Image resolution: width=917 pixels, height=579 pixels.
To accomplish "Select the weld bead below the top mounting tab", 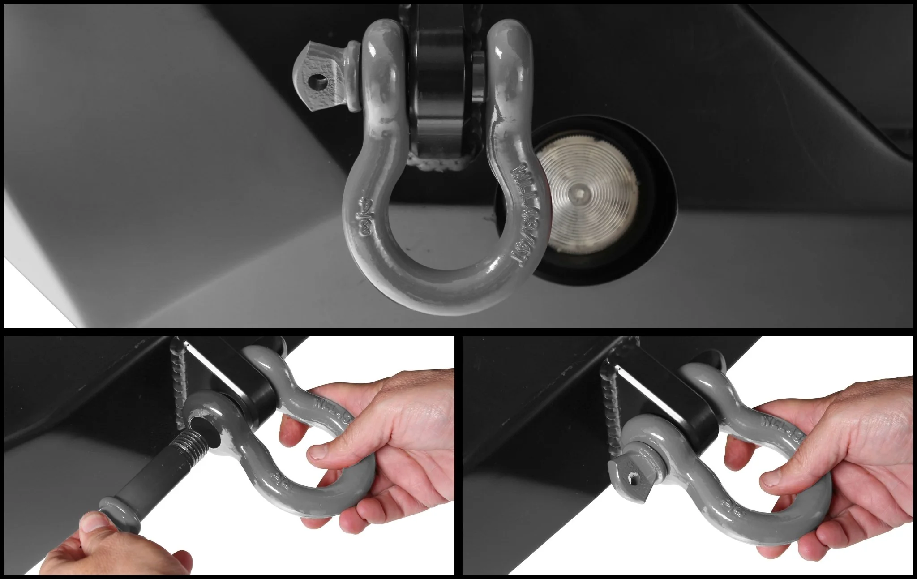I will pyautogui.click(x=441, y=165).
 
